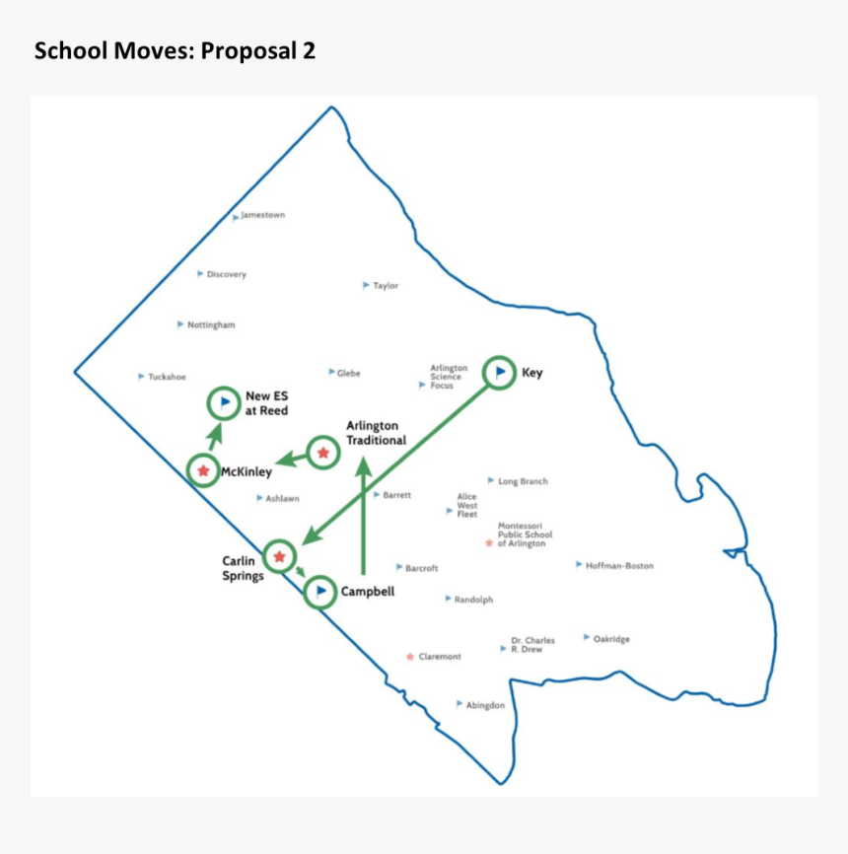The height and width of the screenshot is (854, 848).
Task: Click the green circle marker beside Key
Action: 500,372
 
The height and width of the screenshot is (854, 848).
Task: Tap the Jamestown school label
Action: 262,215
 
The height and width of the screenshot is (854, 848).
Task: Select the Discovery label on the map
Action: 226,274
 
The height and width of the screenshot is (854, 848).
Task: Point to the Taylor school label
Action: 386,286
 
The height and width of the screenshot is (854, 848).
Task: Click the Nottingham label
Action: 211,324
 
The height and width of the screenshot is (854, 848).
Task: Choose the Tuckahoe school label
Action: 167,377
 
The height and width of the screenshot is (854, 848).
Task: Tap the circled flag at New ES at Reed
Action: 224,402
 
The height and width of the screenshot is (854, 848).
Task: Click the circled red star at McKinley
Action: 203,470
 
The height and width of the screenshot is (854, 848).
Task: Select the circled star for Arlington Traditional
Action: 322,453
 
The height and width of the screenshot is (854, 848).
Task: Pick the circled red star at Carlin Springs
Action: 279,556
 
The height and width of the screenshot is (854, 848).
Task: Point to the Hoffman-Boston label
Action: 619,566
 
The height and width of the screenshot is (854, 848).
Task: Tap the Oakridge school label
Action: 611,639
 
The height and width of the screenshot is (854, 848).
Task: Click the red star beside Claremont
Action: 410,656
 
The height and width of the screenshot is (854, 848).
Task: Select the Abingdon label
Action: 485,705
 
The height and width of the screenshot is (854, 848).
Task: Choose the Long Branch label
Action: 523,481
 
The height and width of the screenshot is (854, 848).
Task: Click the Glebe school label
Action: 348,373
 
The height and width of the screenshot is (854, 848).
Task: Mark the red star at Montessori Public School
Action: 489,542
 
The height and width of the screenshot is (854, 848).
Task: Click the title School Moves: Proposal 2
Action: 175,51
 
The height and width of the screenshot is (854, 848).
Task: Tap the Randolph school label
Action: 473,600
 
